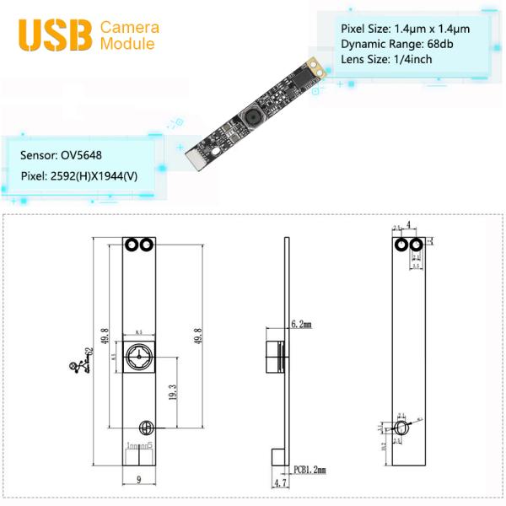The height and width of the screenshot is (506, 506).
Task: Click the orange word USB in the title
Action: [x=54, y=34]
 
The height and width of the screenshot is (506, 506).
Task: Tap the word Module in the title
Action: [x=126, y=43]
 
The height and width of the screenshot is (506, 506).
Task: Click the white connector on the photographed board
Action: [x=194, y=157]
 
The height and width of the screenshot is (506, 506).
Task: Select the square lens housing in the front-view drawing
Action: [x=137, y=358]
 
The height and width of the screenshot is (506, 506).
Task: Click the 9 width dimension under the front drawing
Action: [x=137, y=481]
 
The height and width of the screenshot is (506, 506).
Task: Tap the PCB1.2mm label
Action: [x=310, y=469]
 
